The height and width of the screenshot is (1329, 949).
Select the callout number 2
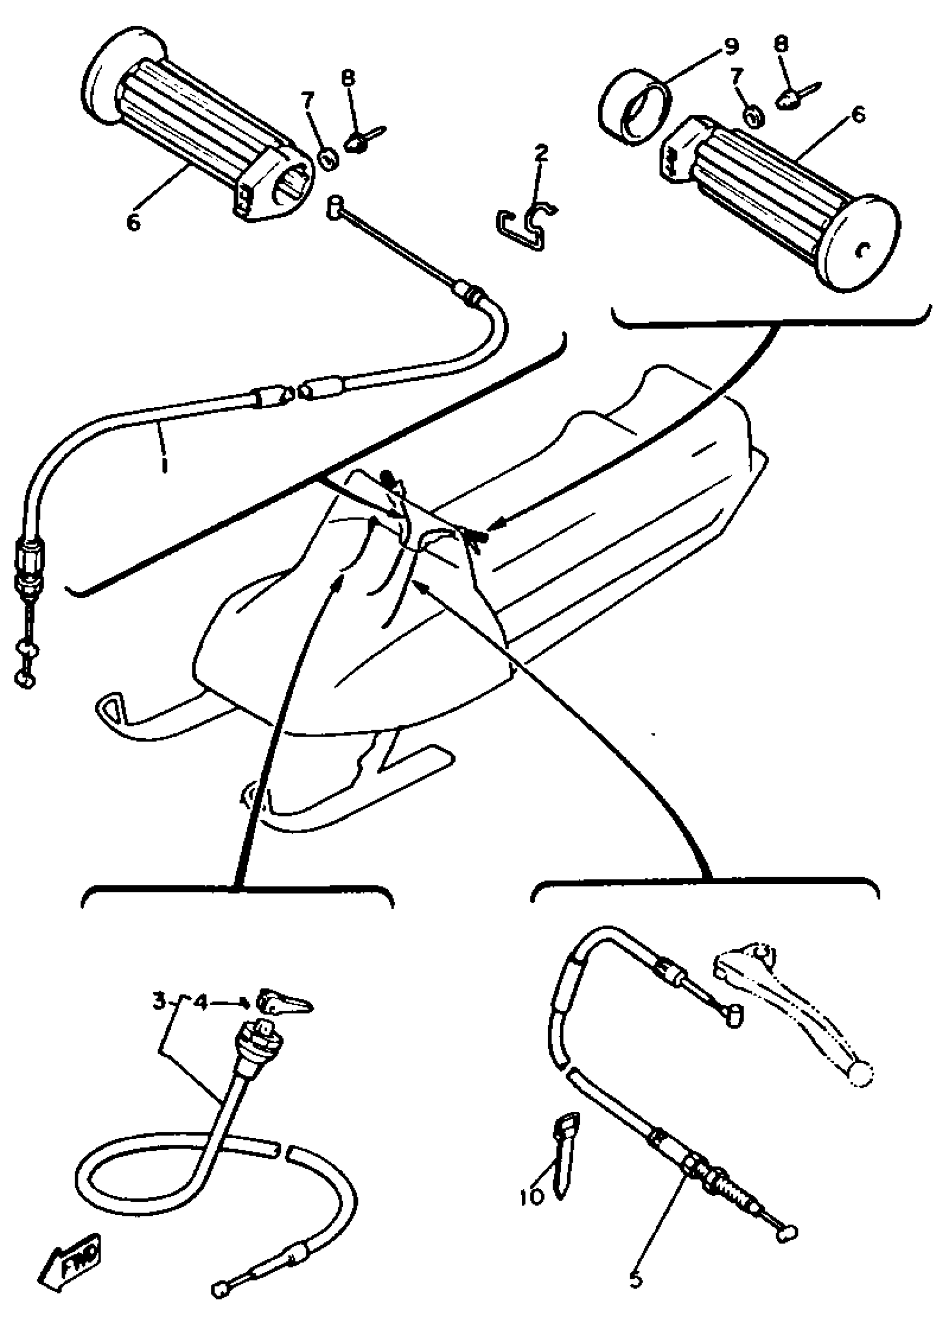click(x=541, y=154)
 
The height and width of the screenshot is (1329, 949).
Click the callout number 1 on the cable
click(x=164, y=463)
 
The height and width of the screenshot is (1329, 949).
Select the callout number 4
click(x=200, y=1003)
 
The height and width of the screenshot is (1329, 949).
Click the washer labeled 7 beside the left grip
click(x=329, y=159)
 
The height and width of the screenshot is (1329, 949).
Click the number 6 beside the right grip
click(x=858, y=114)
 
